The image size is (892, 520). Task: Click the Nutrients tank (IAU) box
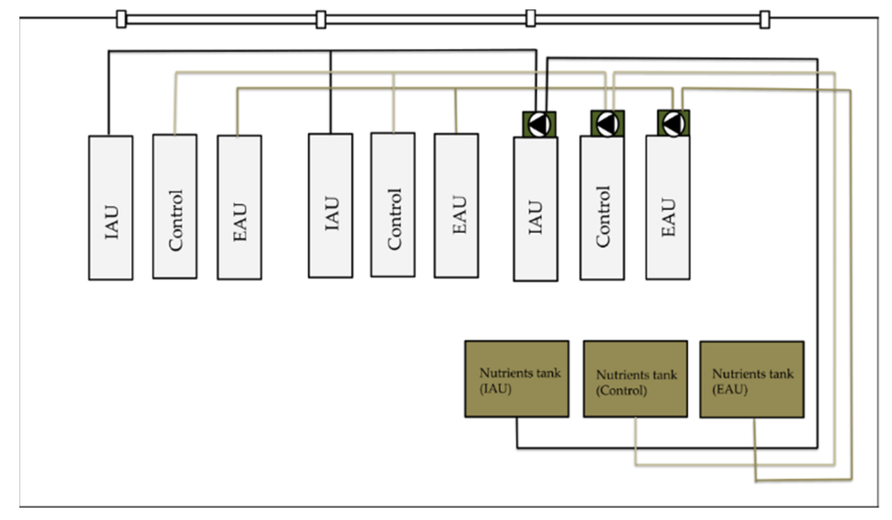coord(516,379)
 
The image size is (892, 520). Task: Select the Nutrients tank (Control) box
coord(635,379)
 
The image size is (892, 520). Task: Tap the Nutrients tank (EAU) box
coord(752,379)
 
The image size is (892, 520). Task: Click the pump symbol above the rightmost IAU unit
coord(539,124)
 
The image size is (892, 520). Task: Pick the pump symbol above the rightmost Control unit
coord(607,123)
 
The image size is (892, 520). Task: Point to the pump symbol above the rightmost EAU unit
coord(673,123)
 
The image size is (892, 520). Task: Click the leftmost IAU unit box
coord(111,207)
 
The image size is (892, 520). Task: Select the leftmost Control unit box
coord(175,206)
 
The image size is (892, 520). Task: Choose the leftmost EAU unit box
coord(239,207)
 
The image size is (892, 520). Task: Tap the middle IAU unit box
coord(330,205)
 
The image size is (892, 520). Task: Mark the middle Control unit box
coord(393,205)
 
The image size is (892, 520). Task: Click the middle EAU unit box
coord(456,205)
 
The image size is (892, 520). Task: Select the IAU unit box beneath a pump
coord(535,209)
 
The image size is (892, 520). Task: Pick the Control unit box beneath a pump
coord(602,208)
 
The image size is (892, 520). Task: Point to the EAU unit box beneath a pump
coord(668,207)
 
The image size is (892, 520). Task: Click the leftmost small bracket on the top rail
coord(121,19)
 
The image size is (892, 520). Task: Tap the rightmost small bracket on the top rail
coord(765,20)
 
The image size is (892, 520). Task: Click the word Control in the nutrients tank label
coord(622,391)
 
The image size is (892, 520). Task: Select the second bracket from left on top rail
coord(321,20)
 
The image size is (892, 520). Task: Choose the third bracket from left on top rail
coord(531,18)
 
